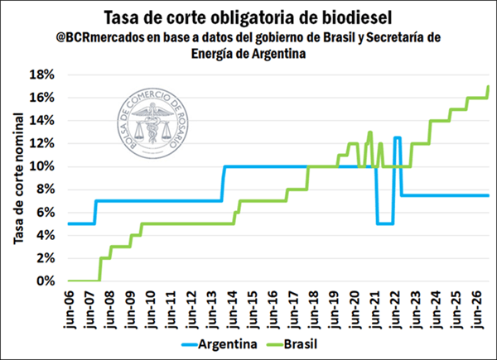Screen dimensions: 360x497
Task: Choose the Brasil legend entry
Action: point(303,342)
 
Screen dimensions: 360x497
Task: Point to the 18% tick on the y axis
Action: point(42,74)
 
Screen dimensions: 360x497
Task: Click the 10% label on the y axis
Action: point(42,166)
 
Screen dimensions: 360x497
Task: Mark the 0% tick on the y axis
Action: point(46,281)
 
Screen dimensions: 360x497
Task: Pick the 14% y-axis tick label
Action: point(42,121)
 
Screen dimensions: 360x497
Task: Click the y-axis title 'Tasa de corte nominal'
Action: point(18,178)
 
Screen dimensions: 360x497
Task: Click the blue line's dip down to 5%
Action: point(384,223)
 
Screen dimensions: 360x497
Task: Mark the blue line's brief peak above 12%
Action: point(398,137)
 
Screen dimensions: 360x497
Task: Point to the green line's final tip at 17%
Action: point(489,86)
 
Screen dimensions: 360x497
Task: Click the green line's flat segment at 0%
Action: point(83,281)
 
